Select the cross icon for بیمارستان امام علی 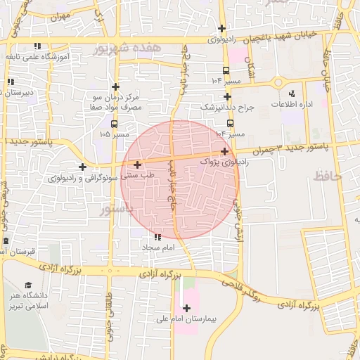coord(186,308)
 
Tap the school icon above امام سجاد coord(156,237)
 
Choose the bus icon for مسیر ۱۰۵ coord(103,123)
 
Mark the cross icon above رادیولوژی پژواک coord(224,151)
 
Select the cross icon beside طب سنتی coord(137,165)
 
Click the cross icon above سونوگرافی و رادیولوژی coord(83,167)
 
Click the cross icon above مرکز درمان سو coord(115,86)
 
